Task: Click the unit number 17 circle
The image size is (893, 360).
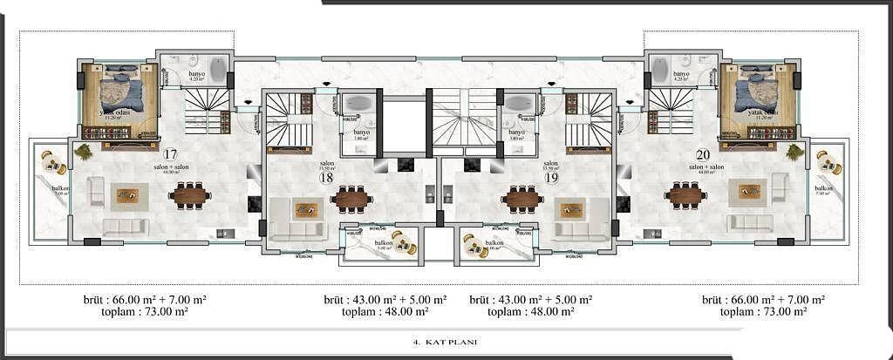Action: click(170, 155)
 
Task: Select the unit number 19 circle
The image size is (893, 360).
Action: click(551, 177)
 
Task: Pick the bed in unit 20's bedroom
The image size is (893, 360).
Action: click(757, 91)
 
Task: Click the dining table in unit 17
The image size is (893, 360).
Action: click(189, 195)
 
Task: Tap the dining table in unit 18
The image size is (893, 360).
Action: click(351, 200)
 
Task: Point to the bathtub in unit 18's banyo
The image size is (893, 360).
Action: click(353, 104)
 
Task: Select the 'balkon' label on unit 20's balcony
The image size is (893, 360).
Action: click(823, 187)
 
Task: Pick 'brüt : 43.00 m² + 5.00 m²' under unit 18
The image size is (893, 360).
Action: click(385, 298)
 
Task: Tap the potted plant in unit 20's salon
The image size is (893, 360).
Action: click(794, 153)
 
